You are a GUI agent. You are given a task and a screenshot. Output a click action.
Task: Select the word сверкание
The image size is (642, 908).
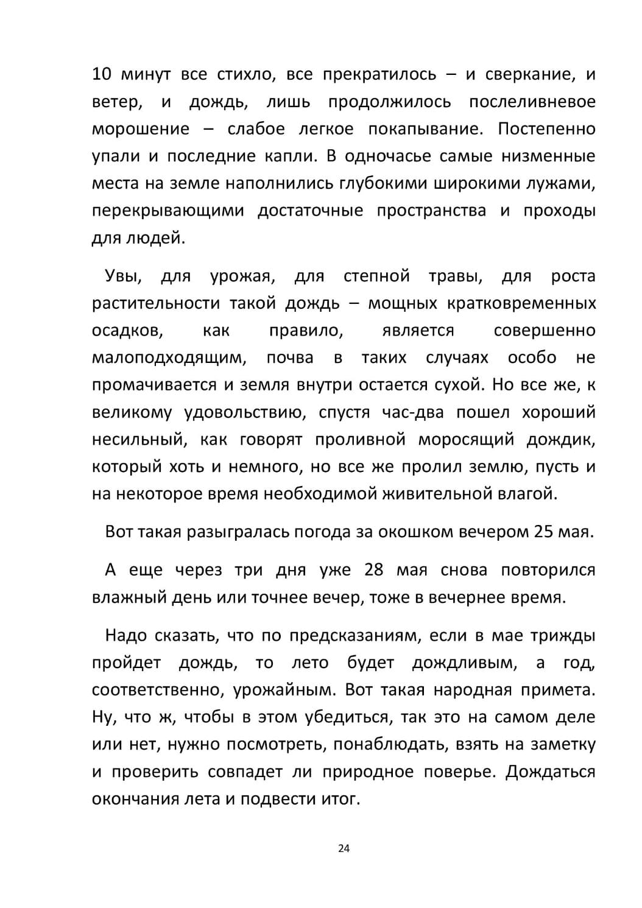click(x=529, y=75)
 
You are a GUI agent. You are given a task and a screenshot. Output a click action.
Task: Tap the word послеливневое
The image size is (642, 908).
click(x=532, y=102)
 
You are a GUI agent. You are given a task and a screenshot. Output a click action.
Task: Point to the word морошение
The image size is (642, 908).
click(x=141, y=129)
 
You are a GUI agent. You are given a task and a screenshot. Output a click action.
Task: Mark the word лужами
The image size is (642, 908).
click(x=562, y=183)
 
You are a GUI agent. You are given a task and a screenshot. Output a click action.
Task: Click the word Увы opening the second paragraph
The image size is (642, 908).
click(x=123, y=276)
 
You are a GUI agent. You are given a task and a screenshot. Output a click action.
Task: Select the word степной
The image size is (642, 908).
click(x=376, y=276)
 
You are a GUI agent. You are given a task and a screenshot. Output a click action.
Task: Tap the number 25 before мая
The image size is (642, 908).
click(x=543, y=532)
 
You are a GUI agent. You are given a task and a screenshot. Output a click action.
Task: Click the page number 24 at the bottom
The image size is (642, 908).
click(x=343, y=848)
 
